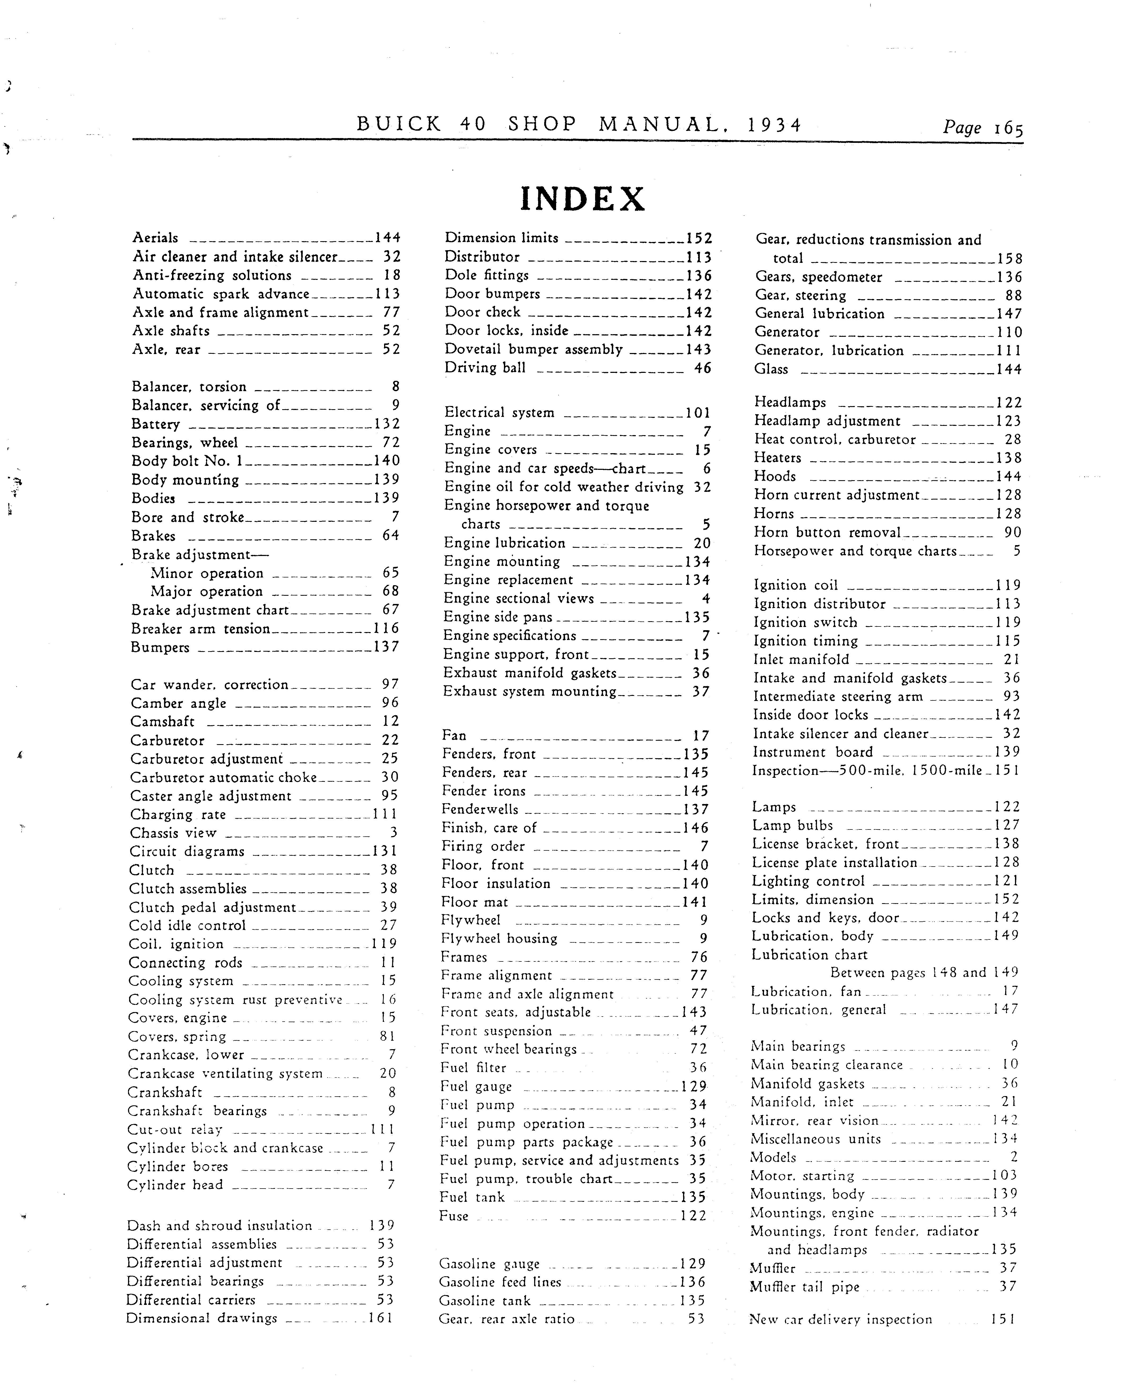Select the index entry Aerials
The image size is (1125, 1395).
click(156, 238)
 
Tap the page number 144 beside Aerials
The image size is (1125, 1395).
click(388, 238)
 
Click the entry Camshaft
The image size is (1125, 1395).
click(163, 721)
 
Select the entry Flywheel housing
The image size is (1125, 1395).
click(499, 939)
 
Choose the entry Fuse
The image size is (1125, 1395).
click(454, 1216)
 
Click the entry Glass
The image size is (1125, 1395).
click(771, 369)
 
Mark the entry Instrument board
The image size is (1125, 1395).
click(813, 752)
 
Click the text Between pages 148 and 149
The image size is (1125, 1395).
click(924, 973)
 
